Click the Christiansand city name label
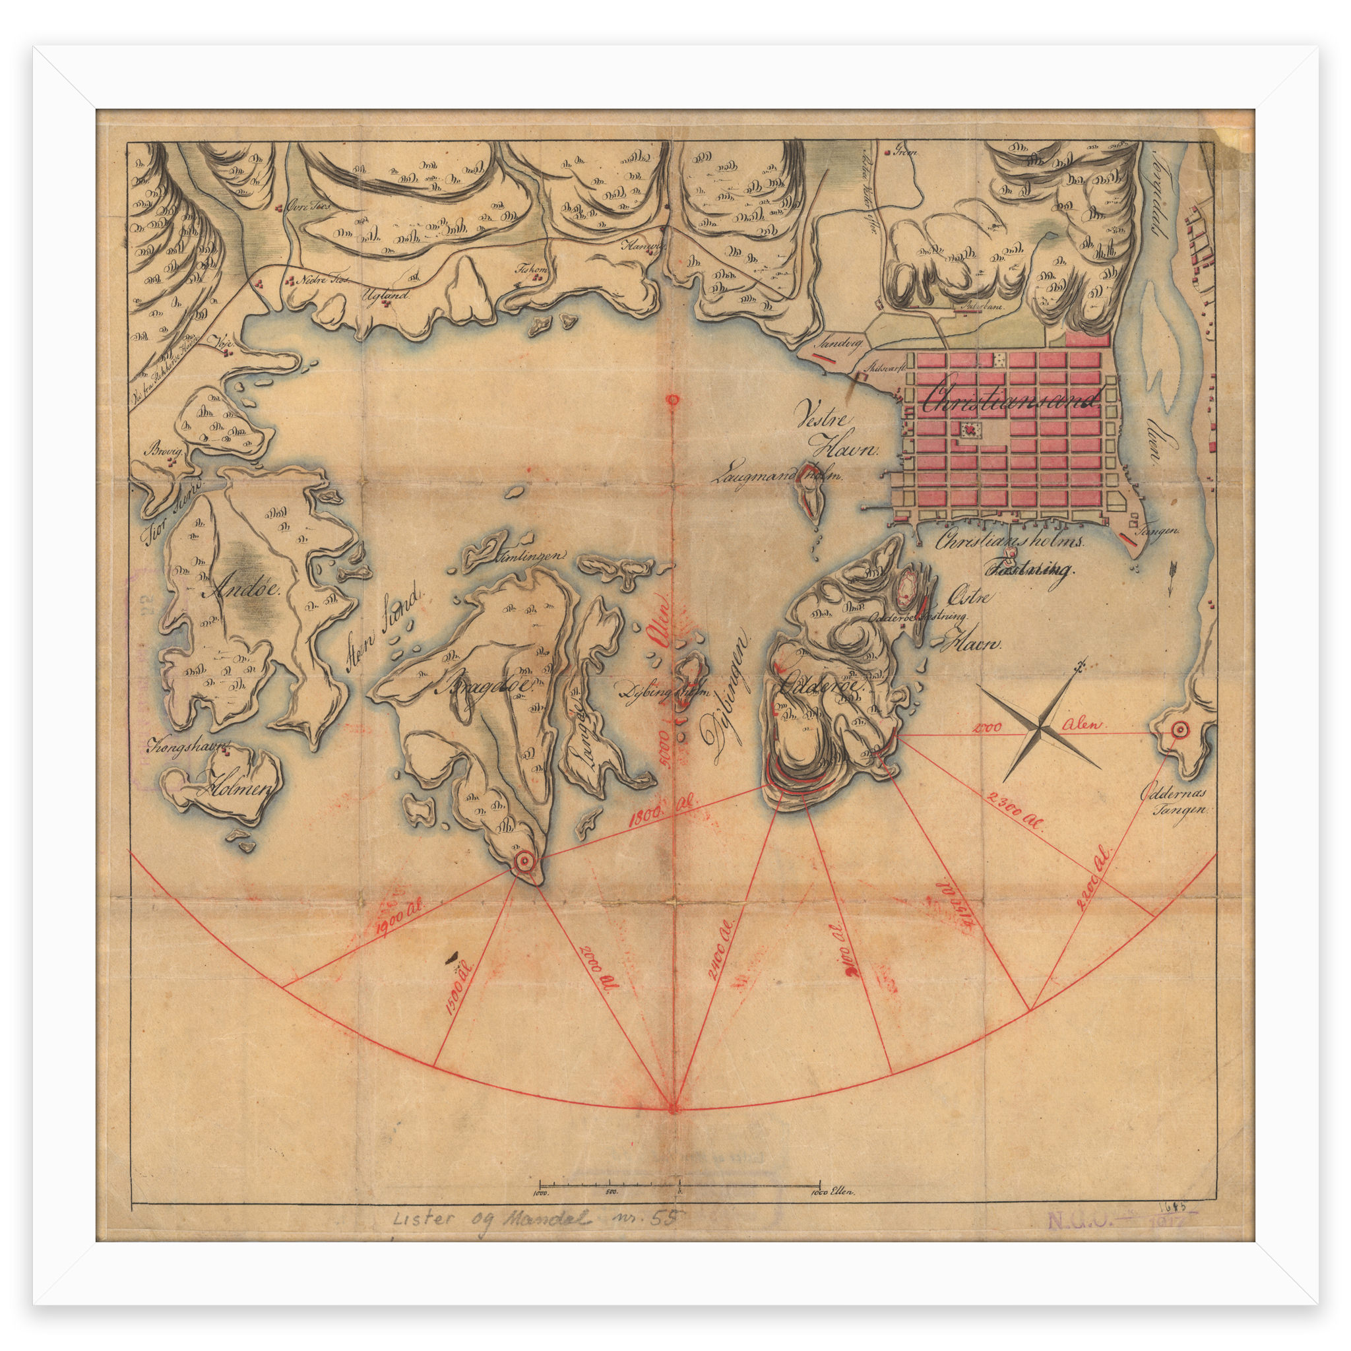point(1011,399)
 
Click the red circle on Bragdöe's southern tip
point(524,862)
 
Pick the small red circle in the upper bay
point(673,400)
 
